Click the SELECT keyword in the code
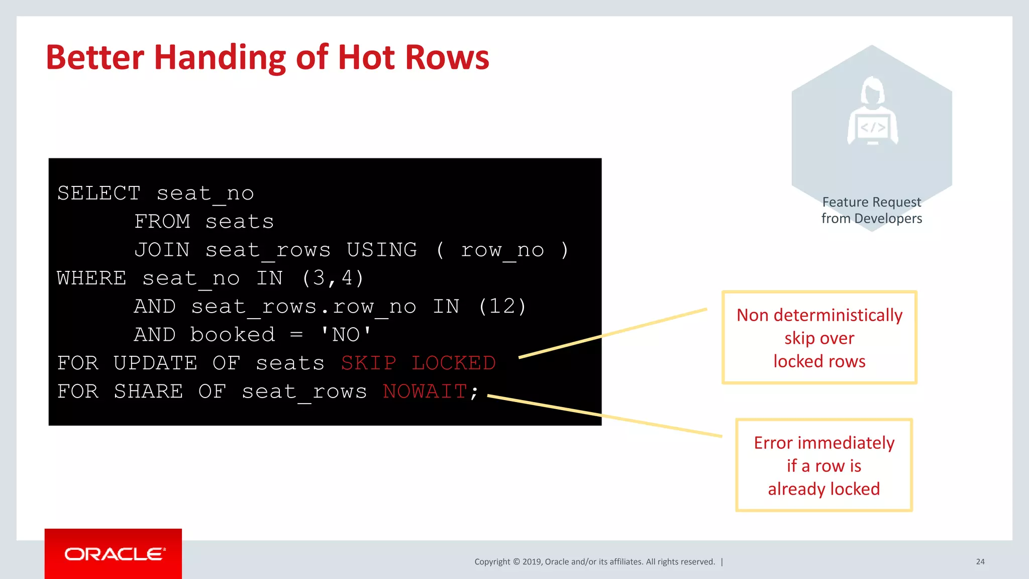pos(98,194)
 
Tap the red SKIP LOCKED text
pos(418,363)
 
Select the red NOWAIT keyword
pos(425,392)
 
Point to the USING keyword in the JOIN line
pos(382,250)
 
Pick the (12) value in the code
pos(502,306)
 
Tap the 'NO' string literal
pos(346,335)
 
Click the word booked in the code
pos(233,335)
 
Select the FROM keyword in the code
pos(162,222)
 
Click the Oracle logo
pos(114,554)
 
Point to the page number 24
pos(980,561)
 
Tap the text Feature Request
pos(872,202)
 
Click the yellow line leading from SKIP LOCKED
pos(613,333)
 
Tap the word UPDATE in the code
pos(155,363)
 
